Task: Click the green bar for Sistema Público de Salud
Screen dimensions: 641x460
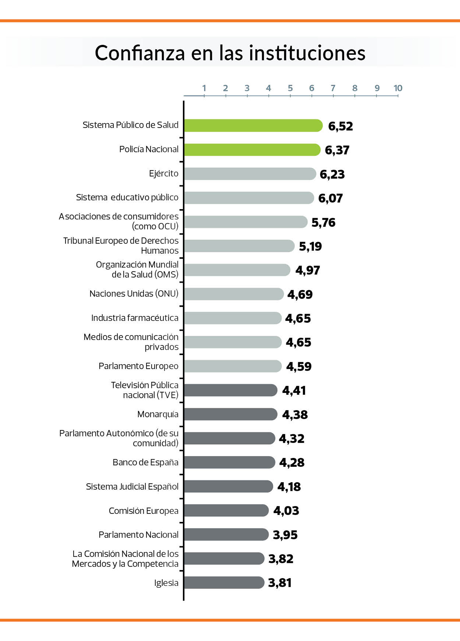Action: (x=253, y=126)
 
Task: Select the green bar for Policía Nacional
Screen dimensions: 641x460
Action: (x=252, y=150)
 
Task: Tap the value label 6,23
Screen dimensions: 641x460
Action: (x=332, y=174)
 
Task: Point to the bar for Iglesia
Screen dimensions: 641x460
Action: (x=224, y=582)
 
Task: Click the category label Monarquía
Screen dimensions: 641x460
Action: (x=158, y=414)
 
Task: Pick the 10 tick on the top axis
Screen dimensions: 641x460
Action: (x=398, y=88)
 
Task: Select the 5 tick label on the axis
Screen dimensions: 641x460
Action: (x=290, y=88)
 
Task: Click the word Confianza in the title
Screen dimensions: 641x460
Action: (x=140, y=53)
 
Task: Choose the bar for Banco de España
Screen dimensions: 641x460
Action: (x=229, y=462)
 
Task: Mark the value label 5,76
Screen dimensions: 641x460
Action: (x=323, y=222)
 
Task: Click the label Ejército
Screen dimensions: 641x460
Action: (x=164, y=173)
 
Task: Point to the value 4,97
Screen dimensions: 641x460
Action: (x=307, y=270)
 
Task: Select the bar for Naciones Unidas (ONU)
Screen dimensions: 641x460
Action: (x=233, y=294)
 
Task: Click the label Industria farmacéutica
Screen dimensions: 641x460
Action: (x=135, y=318)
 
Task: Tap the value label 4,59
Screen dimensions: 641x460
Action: (x=299, y=366)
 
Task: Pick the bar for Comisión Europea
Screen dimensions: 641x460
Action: (x=226, y=510)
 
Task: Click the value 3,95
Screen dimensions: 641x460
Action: (x=285, y=535)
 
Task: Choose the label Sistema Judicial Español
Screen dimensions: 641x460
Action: (x=132, y=487)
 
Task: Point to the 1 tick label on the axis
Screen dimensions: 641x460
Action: (x=204, y=88)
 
